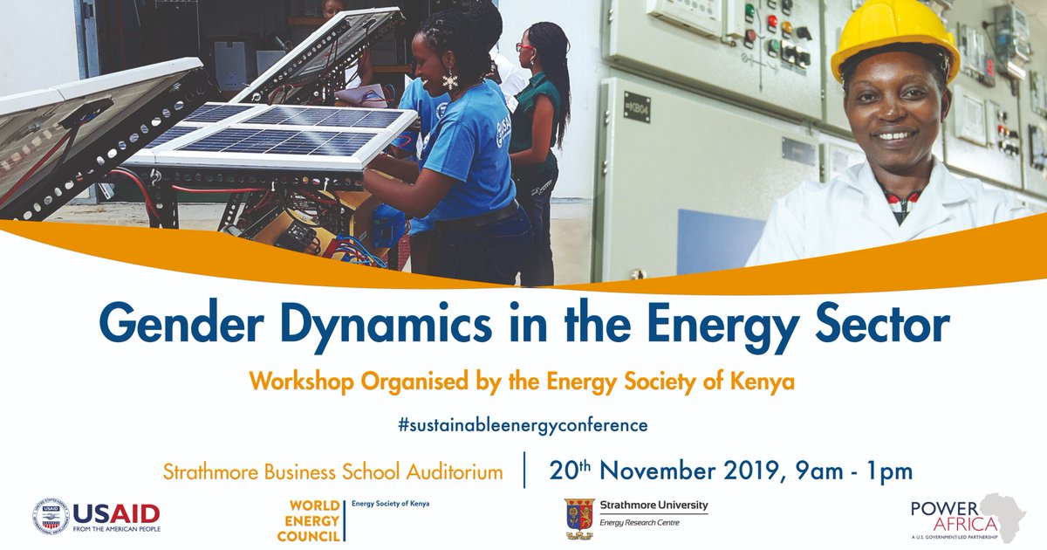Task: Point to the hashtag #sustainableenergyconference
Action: point(523,425)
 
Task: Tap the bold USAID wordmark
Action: point(116,512)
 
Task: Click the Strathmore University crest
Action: point(579,517)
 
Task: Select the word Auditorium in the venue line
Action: point(455,472)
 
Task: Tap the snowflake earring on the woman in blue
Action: point(450,81)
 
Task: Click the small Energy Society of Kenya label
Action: point(390,504)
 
